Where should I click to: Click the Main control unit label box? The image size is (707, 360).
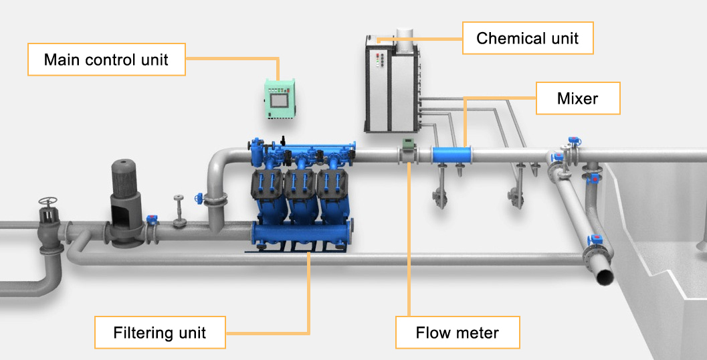[106, 60]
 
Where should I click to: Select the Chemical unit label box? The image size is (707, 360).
[528, 38]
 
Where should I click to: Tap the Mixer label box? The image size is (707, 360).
[578, 99]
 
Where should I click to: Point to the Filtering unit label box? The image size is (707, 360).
[160, 333]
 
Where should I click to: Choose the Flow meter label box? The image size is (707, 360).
[458, 333]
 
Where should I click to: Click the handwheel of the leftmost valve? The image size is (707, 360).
[47, 201]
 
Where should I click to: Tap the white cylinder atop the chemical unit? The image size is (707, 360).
[405, 37]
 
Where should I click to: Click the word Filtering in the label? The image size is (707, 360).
[139, 333]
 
